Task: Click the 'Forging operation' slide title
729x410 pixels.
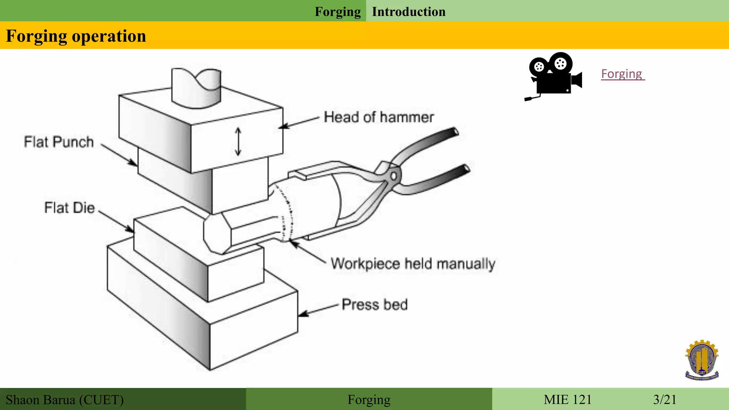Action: point(76,36)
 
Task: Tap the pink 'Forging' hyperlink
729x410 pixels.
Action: point(622,74)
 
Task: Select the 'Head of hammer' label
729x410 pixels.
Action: point(378,117)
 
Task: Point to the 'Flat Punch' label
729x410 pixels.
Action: point(59,142)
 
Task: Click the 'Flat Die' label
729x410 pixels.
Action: point(69,207)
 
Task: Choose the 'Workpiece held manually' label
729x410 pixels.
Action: point(413,264)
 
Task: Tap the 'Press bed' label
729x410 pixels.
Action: point(374,305)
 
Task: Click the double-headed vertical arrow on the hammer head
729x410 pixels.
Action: point(238,142)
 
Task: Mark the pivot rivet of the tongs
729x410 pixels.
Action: point(394,176)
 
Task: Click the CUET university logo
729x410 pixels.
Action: point(702,360)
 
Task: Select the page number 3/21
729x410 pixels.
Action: point(665,400)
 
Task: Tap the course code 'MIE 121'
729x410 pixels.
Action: point(567,400)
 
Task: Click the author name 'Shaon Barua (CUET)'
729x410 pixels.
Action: point(65,400)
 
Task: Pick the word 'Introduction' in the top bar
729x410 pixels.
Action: point(409,12)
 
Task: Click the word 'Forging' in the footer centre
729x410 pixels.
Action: point(369,400)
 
